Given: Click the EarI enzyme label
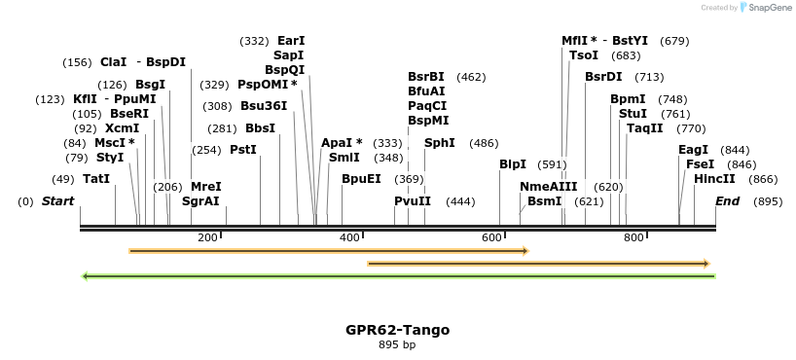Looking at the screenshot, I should tap(291, 41).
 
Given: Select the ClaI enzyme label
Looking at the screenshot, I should tap(113, 62).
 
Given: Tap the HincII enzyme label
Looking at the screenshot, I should tap(714, 179).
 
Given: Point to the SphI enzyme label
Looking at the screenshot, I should tap(440, 143).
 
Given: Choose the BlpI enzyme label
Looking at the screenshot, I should tap(513, 164).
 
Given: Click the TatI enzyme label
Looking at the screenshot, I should tap(96, 179).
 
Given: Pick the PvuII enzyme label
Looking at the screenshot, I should tap(413, 201).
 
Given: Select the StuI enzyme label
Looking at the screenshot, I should tap(633, 114).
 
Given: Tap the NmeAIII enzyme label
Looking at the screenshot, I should tap(549, 187).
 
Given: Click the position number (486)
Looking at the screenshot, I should tap(484, 143).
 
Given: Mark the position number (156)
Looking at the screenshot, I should tap(77, 62).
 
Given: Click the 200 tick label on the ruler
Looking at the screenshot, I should tap(207, 237).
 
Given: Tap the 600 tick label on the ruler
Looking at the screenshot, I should tap(491, 237).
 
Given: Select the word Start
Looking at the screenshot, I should tap(57, 201).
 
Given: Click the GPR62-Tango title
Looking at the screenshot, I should tap(397, 330).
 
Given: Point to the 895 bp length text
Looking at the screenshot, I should tap(397, 344).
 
